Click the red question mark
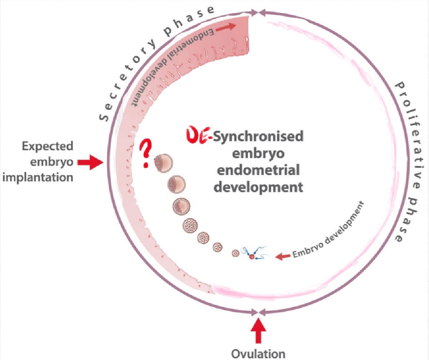pyautogui.click(x=145, y=153)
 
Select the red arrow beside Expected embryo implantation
pyautogui.click(x=90, y=163)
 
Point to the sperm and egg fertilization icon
pyautogui.click(x=252, y=255)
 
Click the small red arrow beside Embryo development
pyautogui.click(x=283, y=256)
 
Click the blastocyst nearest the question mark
pyautogui.click(x=163, y=164)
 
